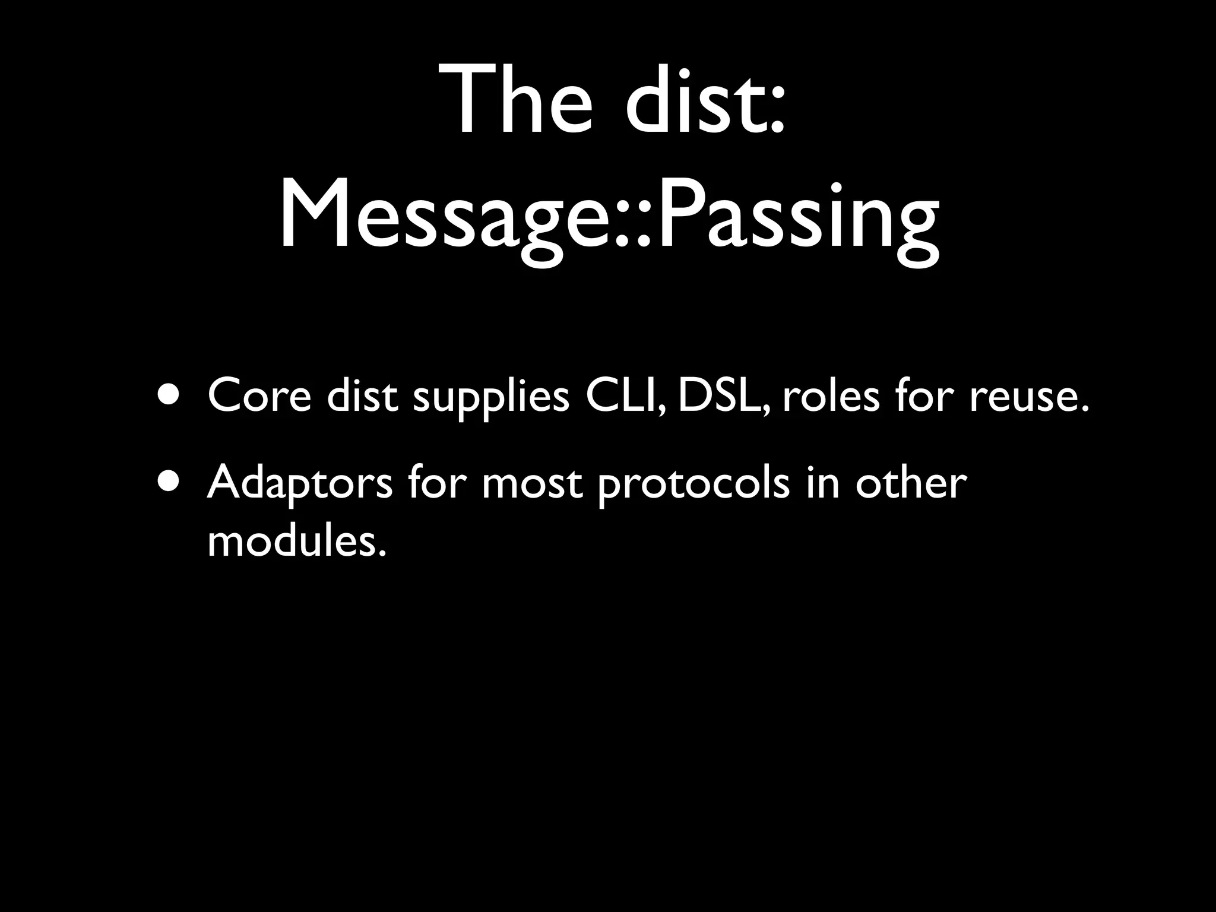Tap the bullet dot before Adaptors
(171, 481)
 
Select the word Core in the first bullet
(259, 396)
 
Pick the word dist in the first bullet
(362, 396)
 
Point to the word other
(911, 482)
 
